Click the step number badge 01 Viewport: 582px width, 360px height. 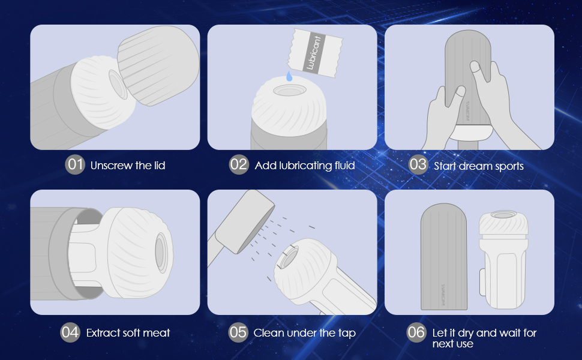click(x=75, y=164)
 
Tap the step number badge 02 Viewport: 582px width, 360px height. click(x=239, y=164)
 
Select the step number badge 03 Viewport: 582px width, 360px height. click(x=418, y=164)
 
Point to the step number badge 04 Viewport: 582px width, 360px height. click(x=70, y=332)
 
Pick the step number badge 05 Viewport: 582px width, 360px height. click(x=238, y=332)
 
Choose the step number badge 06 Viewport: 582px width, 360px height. click(x=416, y=332)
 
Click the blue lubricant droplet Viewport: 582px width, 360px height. click(x=289, y=76)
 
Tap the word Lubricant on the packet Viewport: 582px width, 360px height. click(x=313, y=53)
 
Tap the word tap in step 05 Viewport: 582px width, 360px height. click(x=347, y=334)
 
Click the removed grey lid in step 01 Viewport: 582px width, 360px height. click(x=158, y=65)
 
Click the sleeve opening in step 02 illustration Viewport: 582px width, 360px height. click(x=290, y=90)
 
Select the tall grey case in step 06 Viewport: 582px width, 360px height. click(x=444, y=256)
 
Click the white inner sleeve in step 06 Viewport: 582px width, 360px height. click(x=503, y=260)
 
